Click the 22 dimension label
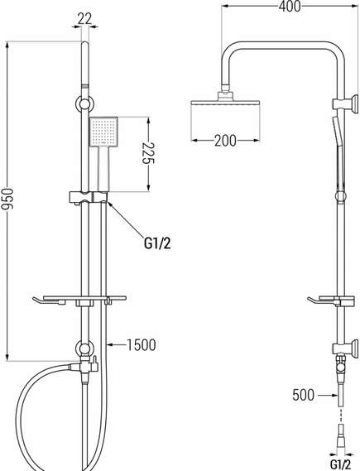pos(84,19)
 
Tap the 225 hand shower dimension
pos(147,153)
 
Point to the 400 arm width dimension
pos(290,7)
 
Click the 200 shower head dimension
pos(225,140)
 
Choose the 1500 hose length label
pos(142,345)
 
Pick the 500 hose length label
pos(303,395)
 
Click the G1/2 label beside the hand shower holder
pos(157,243)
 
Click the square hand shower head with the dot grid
pos(103,132)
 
